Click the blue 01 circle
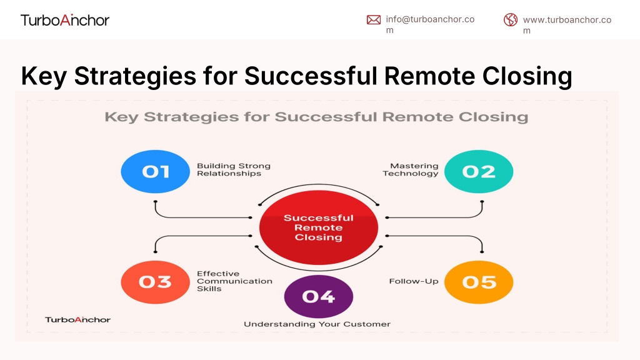pyautogui.click(x=156, y=171)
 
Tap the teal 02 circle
pyautogui.click(x=479, y=171)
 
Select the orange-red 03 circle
pyautogui.click(x=156, y=282)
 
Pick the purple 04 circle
pyautogui.click(x=319, y=296)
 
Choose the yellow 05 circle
pyautogui.click(x=479, y=282)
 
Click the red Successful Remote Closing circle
pyautogui.click(x=319, y=227)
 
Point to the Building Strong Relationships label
pyautogui.click(x=234, y=169)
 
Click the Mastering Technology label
pyautogui.click(x=411, y=169)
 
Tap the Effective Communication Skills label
pyautogui.click(x=234, y=281)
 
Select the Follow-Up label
pyautogui.click(x=414, y=281)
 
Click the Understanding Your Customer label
pyautogui.click(x=317, y=324)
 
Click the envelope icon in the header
pyautogui.click(x=374, y=19)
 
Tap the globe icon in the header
pyautogui.click(x=510, y=19)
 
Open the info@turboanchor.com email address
pyautogui.click(x=430, y=24)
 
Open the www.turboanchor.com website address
pyautogui.click(x=567, y=25)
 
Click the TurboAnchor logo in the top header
pyautogui.click(x=65, y=20)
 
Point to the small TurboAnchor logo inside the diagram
pyautogui.click(x=77, y=319)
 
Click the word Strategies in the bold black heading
pyautogui.click(x=135, y=76)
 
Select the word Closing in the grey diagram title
pyautogui.click(x=493, y=117)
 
